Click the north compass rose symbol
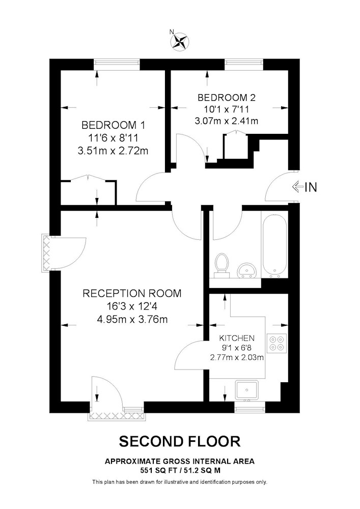180,41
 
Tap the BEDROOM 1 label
113,125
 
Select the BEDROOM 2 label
227,97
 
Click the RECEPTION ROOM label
132,293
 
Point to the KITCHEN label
237,338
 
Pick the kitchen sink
247,390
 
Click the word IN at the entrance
311,187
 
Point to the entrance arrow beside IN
297,187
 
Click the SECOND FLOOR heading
180,441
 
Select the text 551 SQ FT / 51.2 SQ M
180,470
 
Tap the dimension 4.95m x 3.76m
132,320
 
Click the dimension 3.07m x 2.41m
227,121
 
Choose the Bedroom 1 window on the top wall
117,64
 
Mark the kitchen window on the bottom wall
250,407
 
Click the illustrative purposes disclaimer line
180,482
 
